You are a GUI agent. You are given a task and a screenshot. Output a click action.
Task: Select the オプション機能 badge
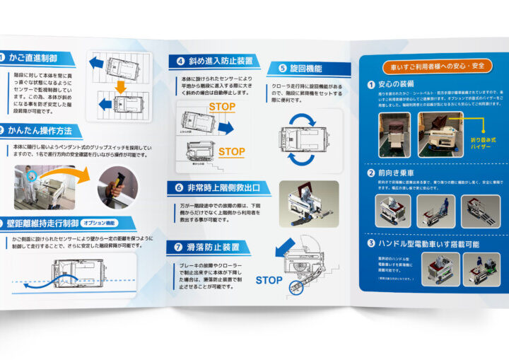coord(103,221)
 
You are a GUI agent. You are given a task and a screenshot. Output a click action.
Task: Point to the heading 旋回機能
coord(305,69)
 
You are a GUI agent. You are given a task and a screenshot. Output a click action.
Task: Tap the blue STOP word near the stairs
coord(269,281)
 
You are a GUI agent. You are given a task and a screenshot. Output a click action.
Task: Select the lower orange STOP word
coord(231,151)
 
